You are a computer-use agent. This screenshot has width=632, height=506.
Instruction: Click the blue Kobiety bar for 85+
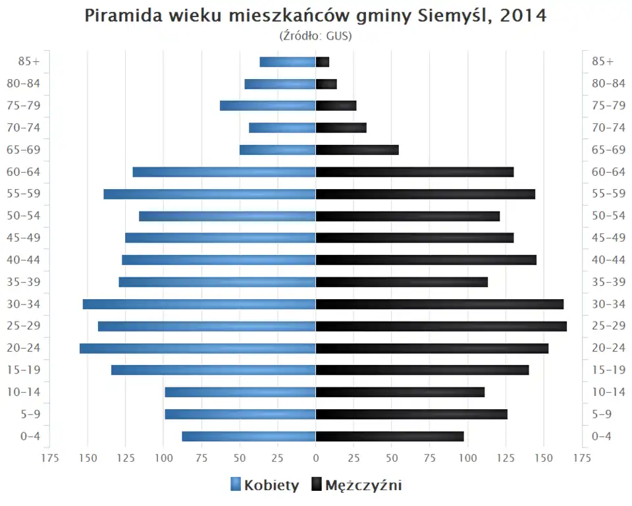(288, 62)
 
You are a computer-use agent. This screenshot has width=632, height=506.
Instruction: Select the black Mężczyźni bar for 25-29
(441, 326)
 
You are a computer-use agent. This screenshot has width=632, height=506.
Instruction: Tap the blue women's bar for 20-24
(197, 349)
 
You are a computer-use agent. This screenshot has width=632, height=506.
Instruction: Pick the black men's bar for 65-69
(357, 150)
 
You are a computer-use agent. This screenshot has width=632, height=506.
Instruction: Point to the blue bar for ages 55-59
(209, 194)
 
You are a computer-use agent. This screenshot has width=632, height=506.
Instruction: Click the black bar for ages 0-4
(390, 436)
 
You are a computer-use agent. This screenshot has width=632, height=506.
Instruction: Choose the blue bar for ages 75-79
(267, 106)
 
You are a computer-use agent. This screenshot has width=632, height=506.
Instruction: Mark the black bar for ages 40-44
(426, 260)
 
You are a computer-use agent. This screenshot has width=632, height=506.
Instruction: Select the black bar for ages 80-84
(327, 84)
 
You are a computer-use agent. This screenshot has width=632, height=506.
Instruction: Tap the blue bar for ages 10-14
(240, 393)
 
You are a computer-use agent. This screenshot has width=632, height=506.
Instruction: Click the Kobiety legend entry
(265, 486)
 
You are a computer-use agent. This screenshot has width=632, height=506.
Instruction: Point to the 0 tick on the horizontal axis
(316, 458)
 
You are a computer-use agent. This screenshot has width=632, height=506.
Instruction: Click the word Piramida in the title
(118, 16)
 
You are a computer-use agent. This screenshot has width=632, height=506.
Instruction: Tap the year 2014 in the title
(523, 16)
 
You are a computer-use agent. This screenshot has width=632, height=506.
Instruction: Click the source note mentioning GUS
(316, 36)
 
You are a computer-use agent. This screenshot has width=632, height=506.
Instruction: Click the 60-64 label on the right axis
(608, 172)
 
